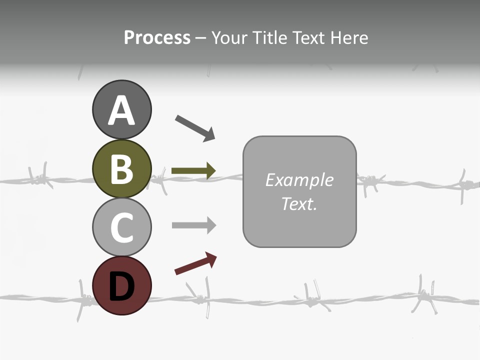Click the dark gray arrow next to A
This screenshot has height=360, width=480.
195,127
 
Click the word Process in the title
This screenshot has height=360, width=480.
157,37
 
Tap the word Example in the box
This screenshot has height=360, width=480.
299,180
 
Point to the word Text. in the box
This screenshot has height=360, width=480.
299,203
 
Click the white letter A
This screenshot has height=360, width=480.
121,111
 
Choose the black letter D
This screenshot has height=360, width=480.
121,286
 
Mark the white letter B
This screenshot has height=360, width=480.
121,169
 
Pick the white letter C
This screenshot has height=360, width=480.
121,228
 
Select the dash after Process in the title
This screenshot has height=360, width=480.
200,38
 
